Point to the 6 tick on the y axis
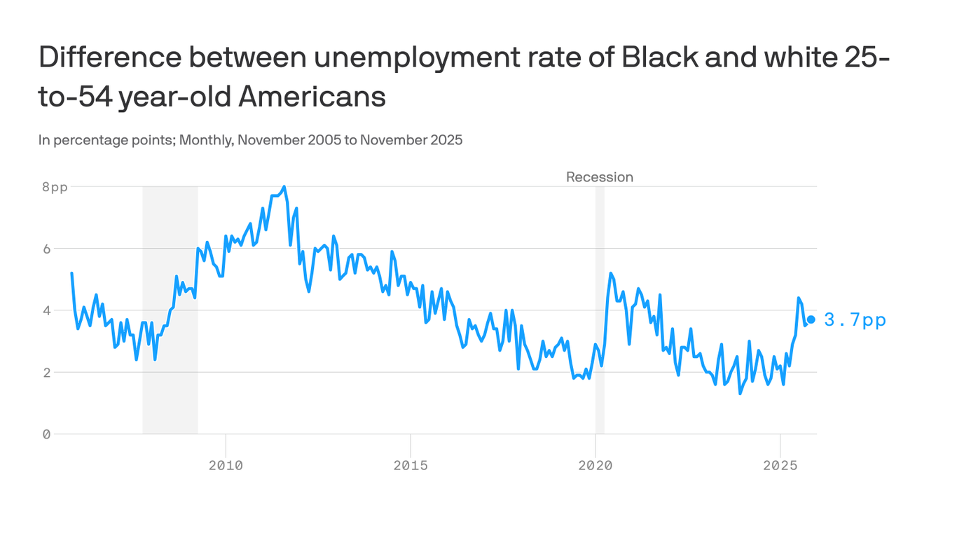click(46, 249)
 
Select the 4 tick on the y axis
click(46, 310)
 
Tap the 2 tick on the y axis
click(46, 372)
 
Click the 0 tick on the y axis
click(46, 434)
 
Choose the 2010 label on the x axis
click(226, 464)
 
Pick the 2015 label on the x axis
click(410, 464)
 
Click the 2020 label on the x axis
click(595, 464)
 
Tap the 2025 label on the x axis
click(780, 464)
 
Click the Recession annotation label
click(599, 177)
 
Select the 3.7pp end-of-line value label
click(855, 320)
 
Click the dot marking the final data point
click(811, 319)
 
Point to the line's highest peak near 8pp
click(284, 187)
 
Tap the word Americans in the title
click(312, 97)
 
